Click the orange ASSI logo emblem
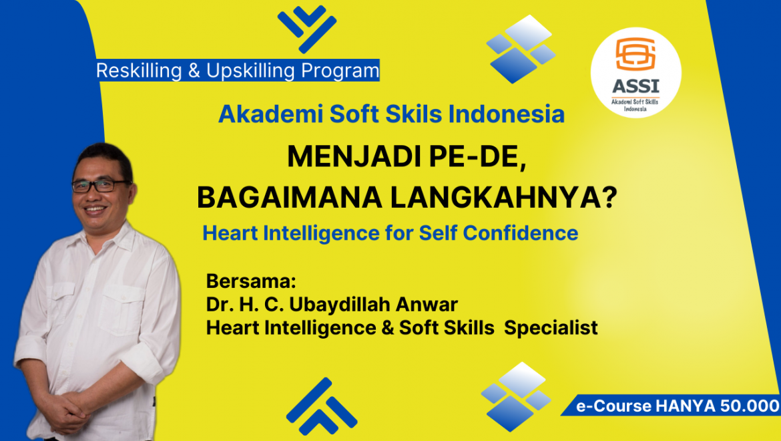(x=635, y=54)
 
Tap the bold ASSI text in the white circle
(x=635, y=86)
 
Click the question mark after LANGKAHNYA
(x=609, y=197)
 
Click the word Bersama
(x=251, y=281)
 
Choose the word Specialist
(x=551, y=328)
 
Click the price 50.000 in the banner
(x=750, y=406)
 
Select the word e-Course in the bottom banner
(x=613, y=406)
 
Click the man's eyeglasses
(x=99, y=186)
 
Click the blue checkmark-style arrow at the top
(x=307, y=29)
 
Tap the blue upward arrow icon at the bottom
(x=321, y=407)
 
